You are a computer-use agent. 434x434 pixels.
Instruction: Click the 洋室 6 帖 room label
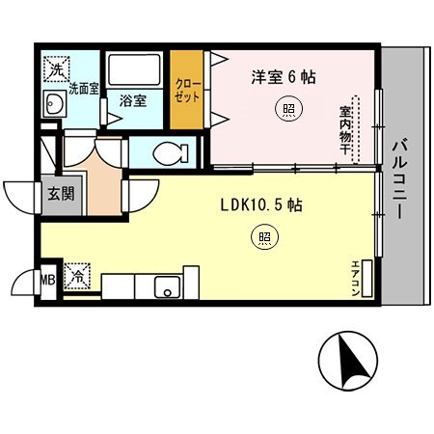tap(284, 77)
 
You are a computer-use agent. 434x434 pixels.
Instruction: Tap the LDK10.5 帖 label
tap(261, 204)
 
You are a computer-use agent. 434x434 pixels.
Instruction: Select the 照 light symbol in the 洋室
tap(288, 109)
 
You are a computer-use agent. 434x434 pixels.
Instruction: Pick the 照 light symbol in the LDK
tap(264, 237)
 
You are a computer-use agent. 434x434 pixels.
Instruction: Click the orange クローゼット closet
tap(186, 90)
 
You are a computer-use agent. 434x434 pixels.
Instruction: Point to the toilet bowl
tap(171, 152)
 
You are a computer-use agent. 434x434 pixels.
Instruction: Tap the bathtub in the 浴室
tap(134, 68)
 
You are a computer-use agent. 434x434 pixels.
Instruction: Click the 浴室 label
tap(133, 100)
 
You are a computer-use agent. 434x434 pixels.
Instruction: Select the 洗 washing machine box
tap(57, 68)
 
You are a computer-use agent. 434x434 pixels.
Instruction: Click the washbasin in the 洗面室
tap(55, 103)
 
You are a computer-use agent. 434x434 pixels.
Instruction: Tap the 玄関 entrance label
tap(61, 194)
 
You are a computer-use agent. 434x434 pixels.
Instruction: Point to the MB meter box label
tap(47, 280)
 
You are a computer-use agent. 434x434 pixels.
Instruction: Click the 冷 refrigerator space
tap(77, 276)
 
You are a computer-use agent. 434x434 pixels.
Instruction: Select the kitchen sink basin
tap(167, 287)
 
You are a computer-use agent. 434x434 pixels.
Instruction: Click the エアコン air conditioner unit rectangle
tap(366, 279)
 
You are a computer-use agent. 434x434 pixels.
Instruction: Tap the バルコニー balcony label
tap(399, 180)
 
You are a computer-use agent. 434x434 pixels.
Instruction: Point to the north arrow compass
tap(348, 361)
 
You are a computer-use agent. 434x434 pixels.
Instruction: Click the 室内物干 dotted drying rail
tap(356, 129)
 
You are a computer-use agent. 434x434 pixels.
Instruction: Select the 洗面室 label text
tap(84, 89)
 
